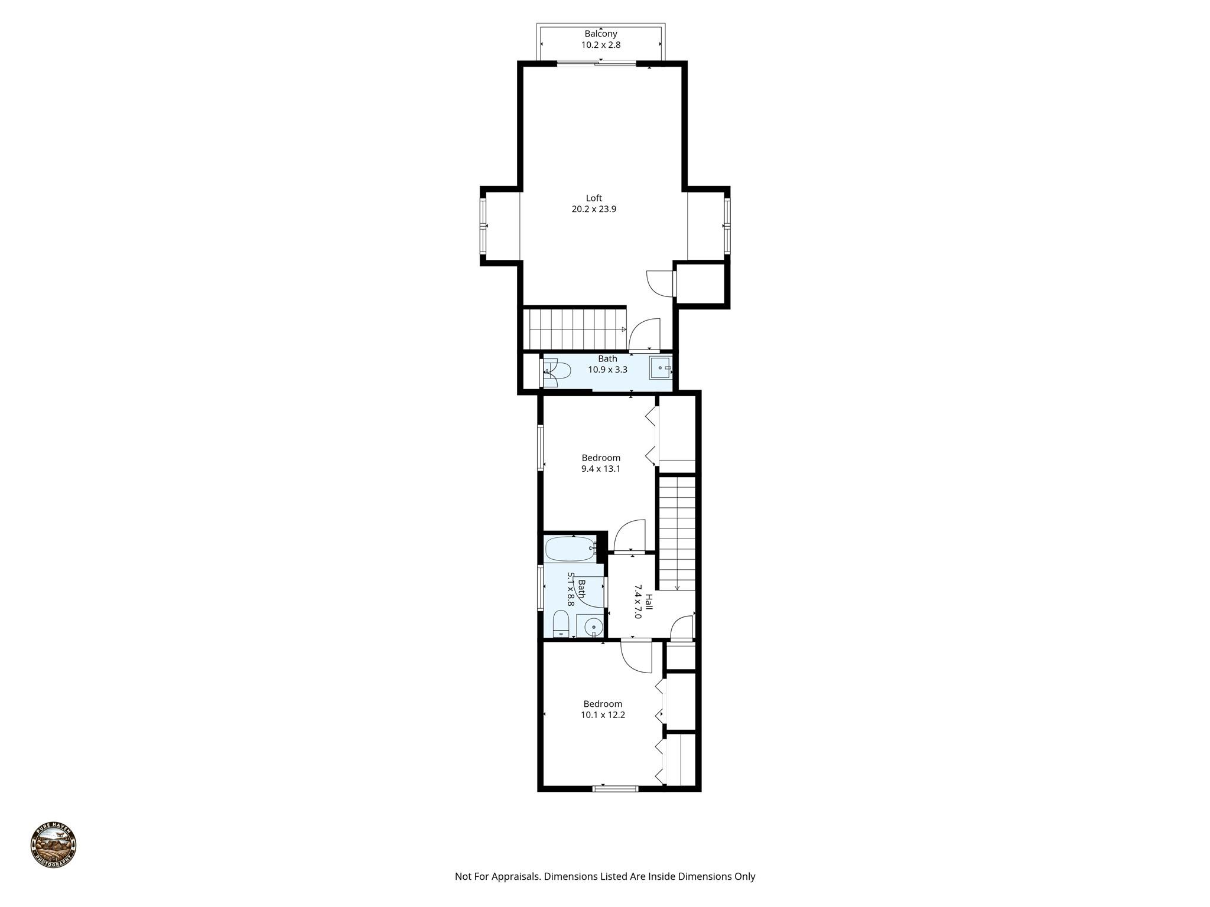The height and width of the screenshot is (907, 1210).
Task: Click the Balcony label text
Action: pyautogui.click(x=600, y=34)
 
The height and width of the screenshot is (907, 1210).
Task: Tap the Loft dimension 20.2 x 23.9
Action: pyautogui.click(x=594, y=209)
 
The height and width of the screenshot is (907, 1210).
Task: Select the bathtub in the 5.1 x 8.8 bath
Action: pyautogui.click(x=571, y=549)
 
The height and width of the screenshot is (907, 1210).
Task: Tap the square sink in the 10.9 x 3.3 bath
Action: pyautogui.click(x=660, y=368)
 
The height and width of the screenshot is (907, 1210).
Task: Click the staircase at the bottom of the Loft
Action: pyautogui.click(x=576, y=329)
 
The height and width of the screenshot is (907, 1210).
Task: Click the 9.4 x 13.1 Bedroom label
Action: pyautogui.click(x=601, y=458)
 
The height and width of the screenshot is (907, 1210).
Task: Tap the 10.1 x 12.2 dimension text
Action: pyautogui.click(x=603, y=714)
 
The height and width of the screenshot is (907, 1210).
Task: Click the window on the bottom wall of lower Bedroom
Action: pyautogui.click(x=616, y=788)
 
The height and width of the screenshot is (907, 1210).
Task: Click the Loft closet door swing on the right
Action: pyautogui.click(x=660, y=284)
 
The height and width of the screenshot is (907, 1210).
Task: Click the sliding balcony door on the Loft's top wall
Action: pyautogui.click(x=597, y=63)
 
